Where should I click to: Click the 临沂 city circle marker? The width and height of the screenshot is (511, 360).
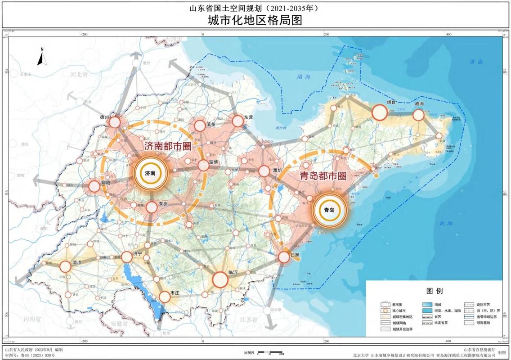pyautogui.click(x=220, y=279)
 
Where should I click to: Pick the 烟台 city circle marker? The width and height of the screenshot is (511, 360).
pyautogui.click(x=379, y=112)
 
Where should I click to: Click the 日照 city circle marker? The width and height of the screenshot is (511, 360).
pyautogui.click(x=284, y=257)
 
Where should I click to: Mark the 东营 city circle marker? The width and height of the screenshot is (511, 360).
pyautogui.click(x=238, y=121)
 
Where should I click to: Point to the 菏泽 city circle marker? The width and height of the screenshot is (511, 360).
pyautogui.click(x=66, y=267)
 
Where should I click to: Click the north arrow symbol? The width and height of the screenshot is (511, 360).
pyautogui.click(x=40, y=57)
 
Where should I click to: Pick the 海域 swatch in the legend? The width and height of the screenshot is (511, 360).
pyautogui.click(x=426, y=305)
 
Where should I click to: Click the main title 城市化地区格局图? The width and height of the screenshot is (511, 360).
pyautogui.click(x=255, y=20)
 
